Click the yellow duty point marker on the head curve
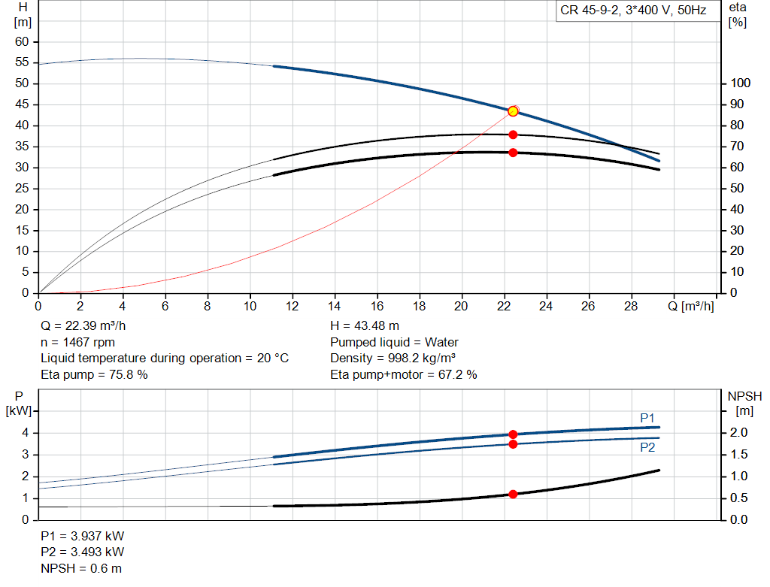513,111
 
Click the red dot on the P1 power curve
513,434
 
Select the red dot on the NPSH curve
513,495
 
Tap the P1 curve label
647,418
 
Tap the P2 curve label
647,448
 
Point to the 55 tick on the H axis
22,62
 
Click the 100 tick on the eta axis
741,83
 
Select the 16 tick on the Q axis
377,306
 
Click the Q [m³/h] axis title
691,306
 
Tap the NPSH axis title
744,404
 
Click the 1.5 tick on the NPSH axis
739,455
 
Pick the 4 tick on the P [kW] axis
25,433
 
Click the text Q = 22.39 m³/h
83,326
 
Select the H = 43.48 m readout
365,326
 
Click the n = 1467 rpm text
78,342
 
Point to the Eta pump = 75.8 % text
94,374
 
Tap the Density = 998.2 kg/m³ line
393,359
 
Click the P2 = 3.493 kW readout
83,552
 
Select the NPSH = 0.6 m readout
81,569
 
